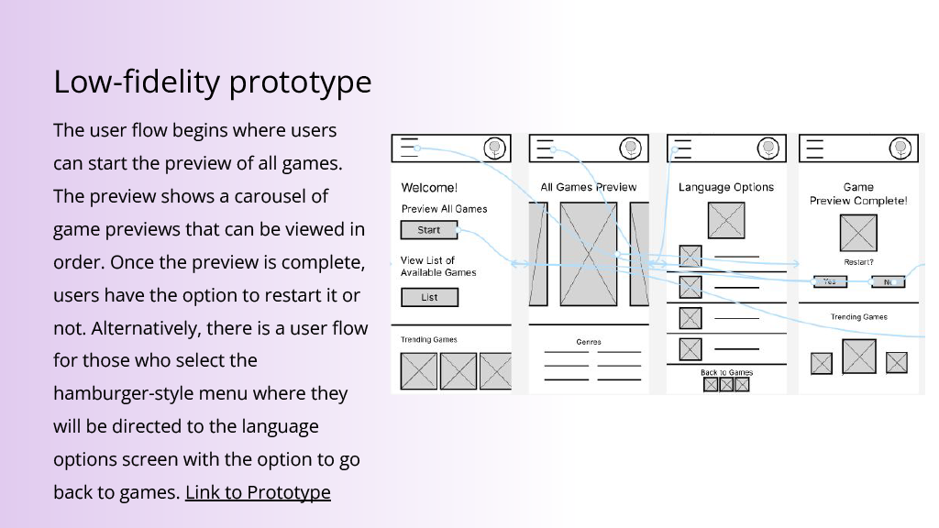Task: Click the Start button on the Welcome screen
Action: pos(428,230)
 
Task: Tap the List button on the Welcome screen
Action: pos(429,297)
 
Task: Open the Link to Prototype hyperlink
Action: pos(258,492)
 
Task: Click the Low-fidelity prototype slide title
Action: pos(213,82)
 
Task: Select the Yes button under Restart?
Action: pos(830,282)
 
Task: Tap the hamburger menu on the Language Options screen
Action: pos(683,148)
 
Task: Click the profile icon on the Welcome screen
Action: pos(495,148)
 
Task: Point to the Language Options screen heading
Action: pos(726,187)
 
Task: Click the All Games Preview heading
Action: pos(588,187)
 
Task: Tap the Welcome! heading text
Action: pos(429,188)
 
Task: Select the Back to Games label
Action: pos(726,372)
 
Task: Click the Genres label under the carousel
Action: pos(589,342)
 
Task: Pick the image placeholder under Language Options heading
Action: pos(726,220)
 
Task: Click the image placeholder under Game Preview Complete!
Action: pos(858,233)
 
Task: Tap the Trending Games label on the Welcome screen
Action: pos(429,340)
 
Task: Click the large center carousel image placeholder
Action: pos(589,254)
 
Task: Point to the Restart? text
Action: pos(858,262)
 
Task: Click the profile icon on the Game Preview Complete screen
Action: pos(902,148)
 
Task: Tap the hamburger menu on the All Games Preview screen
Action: pos(546,148)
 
